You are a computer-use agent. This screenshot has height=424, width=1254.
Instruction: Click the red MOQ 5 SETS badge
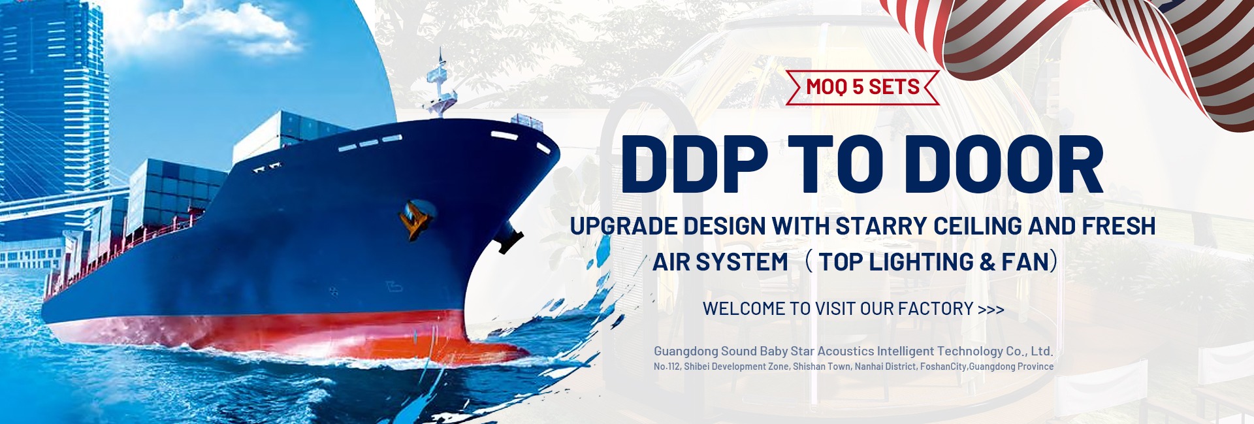click(862, 87)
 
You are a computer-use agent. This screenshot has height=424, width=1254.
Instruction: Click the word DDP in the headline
click(694, 164)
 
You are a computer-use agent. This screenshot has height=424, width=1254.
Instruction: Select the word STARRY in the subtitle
click(881, 226)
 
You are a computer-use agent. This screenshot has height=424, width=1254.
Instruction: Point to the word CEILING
click(978, 226)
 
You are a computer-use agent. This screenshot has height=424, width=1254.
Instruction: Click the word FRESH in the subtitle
click(1118, 226)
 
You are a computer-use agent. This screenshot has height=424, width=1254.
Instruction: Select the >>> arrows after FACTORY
click(991, 309)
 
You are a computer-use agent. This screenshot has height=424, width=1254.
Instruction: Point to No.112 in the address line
click(667, 367)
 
